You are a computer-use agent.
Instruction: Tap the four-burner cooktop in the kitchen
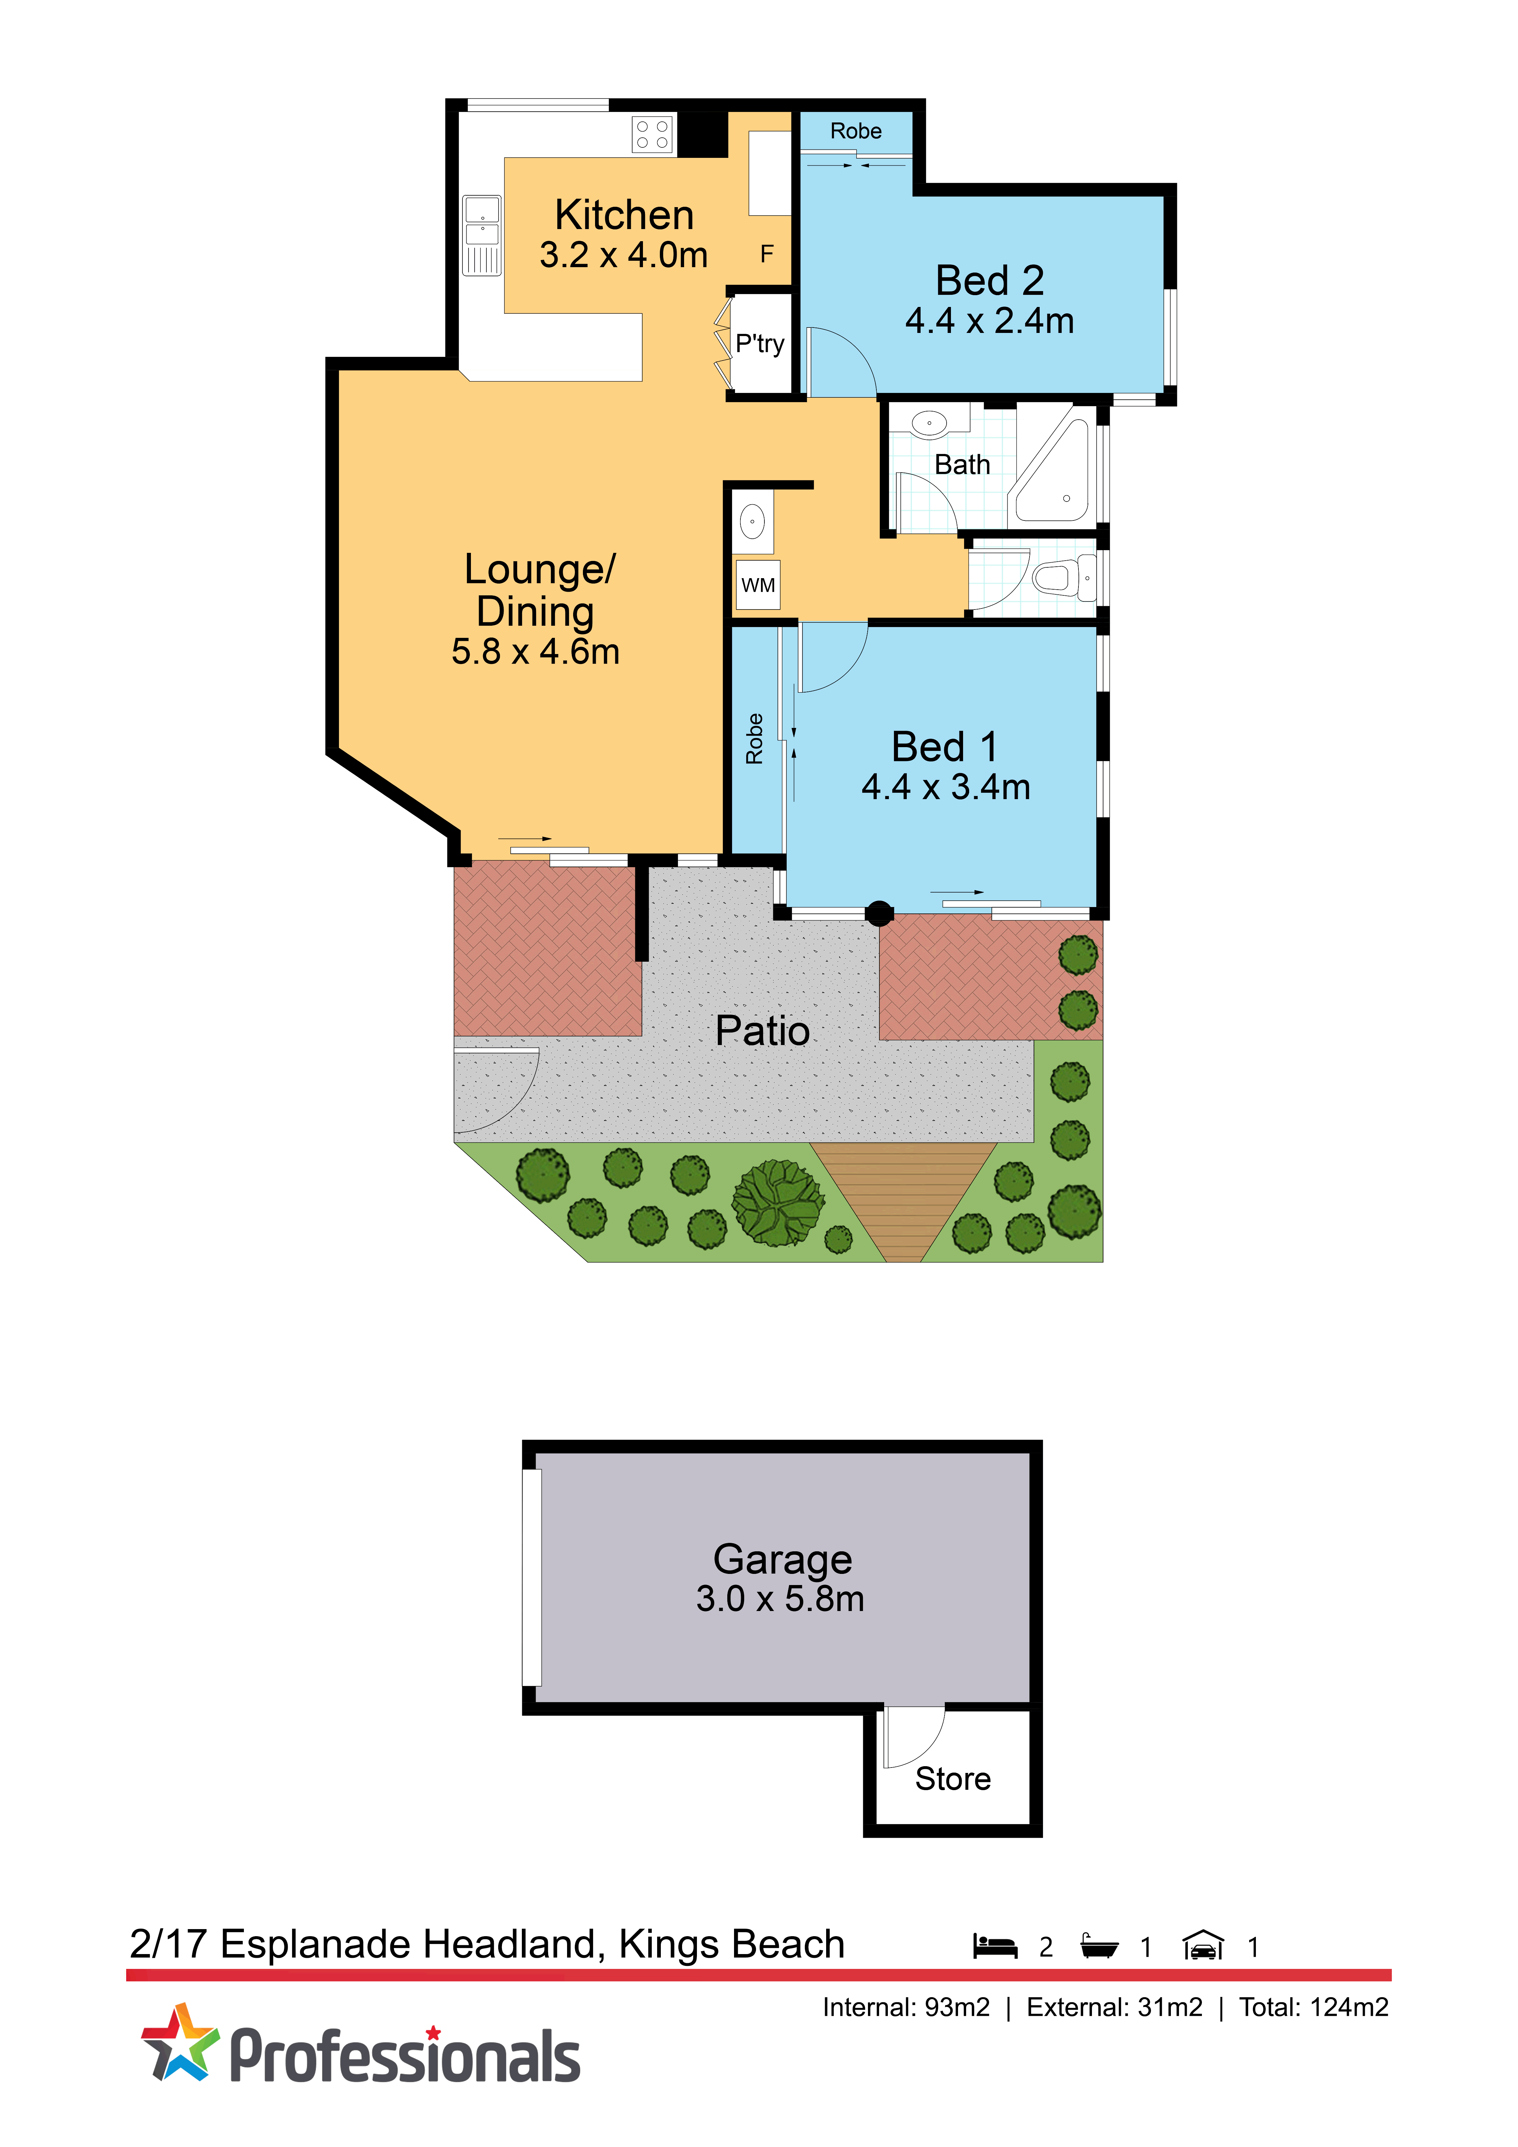point(652,134)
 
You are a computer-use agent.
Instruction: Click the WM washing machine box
point(758,585)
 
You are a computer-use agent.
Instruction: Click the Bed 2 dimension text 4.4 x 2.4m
point(989,321)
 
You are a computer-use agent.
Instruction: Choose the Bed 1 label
point(945,746)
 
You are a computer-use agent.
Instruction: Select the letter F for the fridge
point(767,253)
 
